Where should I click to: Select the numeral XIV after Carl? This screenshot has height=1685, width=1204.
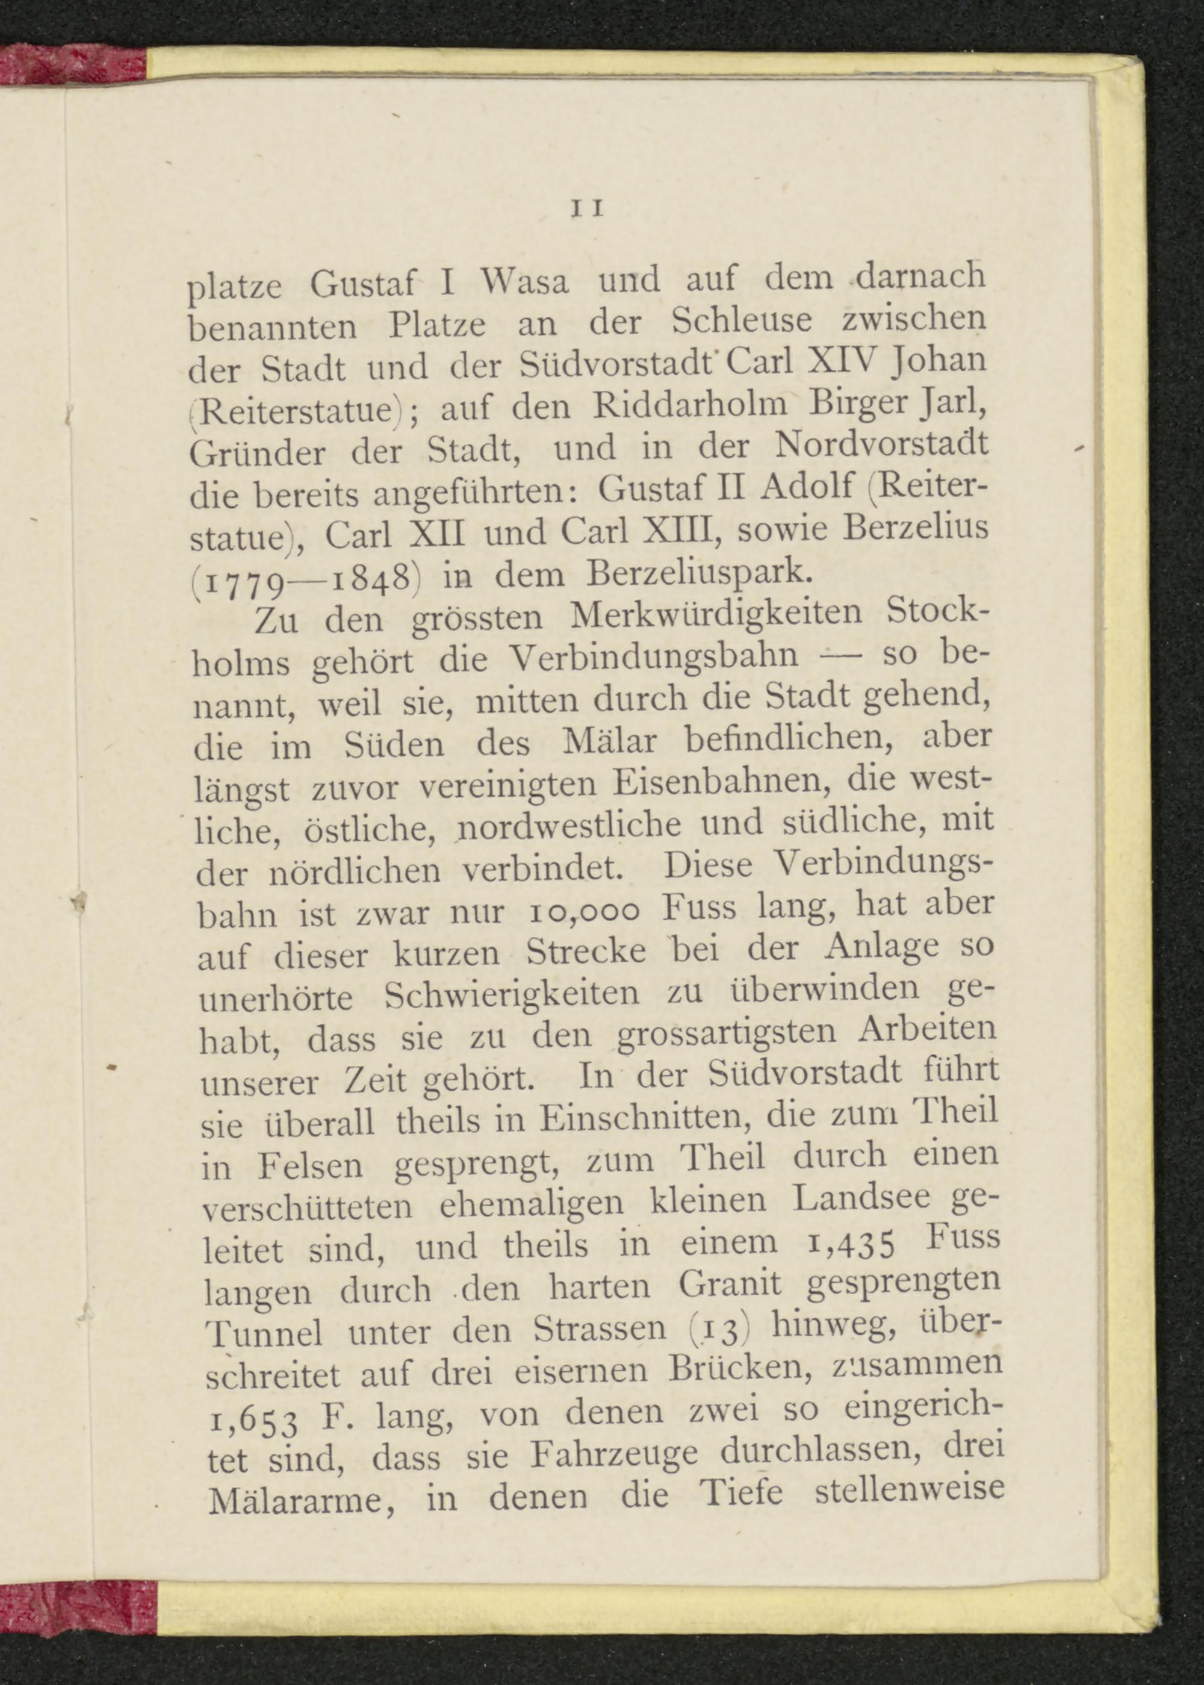(845, 362)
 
